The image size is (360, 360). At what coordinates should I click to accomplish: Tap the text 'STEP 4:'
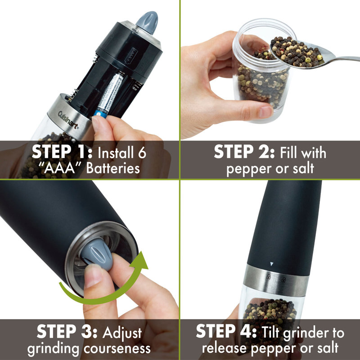tap(225, 333)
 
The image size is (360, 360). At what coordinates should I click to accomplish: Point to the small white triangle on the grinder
tap(271, 264)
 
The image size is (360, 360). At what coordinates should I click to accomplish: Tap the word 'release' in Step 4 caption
tap(226, 349)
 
